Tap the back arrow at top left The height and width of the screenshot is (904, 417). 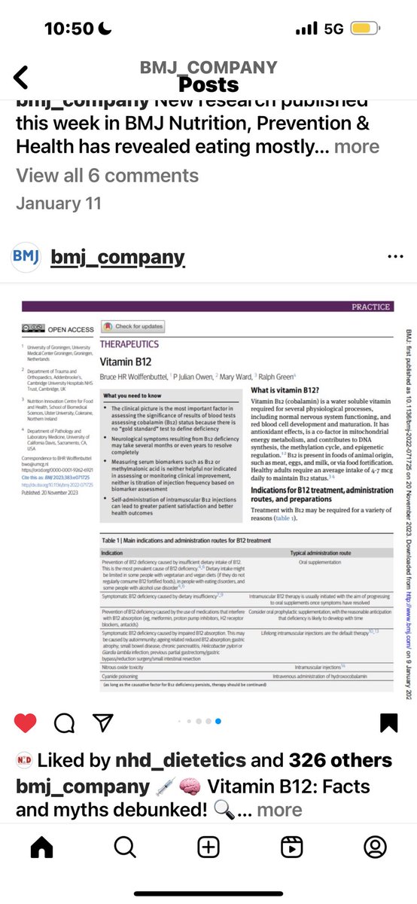click(x=21, y=77)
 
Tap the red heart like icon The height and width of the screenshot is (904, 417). click(x=25, y=723)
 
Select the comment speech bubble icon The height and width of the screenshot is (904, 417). click(x=64, y=723)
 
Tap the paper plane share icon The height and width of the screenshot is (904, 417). click(x=102, y=723)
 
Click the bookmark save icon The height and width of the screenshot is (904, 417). click(x=388, y=723)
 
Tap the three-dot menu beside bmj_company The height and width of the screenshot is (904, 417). click(x=395, y=257)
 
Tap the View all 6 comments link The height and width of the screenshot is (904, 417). click(x=108, y=176)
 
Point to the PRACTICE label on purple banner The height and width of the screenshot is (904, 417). click(x=371, y=307)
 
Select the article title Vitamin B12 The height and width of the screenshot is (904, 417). click(x=121, y=362)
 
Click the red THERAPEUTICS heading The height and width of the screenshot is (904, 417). click(x=129, y=344)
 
